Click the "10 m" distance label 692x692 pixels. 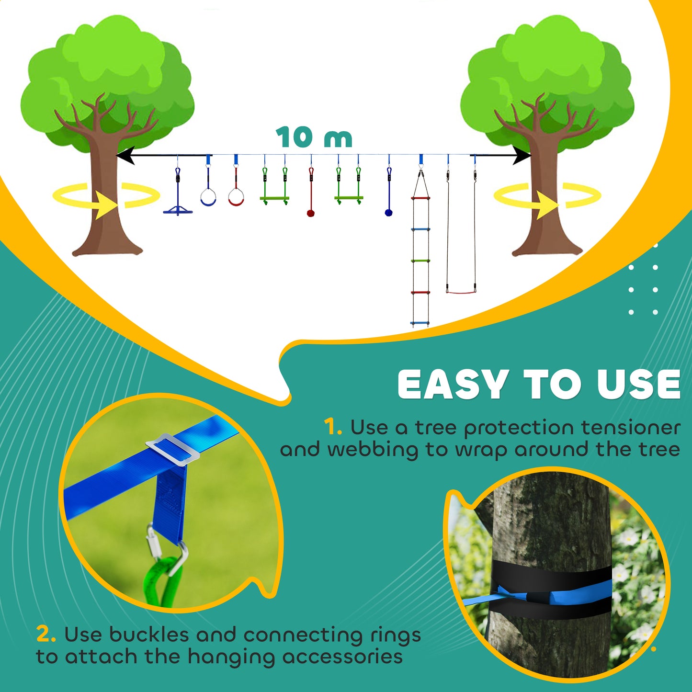pyautogui.click(x=314, y=138)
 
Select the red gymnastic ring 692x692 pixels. pyautogui.click(x=236, y=197)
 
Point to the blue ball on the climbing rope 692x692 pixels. pyautogui.click(x=388, y=213)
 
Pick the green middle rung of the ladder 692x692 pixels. pyautogui.click(x=420, y=261)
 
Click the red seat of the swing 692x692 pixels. pyautogui.click(x=461, y=291)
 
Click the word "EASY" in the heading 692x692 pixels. pyautogui.click(x=453, y=385)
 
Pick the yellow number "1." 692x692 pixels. pyautogui.click(x=332, y=427)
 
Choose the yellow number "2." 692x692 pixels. pyautogui.click(x=46, y=635)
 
